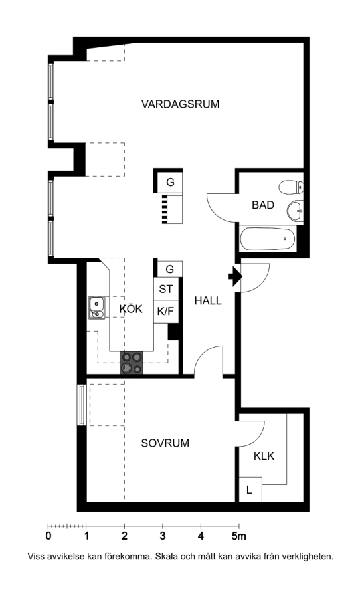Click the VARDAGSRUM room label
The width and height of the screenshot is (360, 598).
(x=181, y=104)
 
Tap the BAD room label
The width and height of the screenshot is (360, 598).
(x=263, y=205)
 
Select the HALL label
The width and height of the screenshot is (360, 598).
(x=208, y=300)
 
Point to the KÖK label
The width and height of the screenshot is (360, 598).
(x=131, y=308)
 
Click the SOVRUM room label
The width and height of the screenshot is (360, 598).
(x=165, y=443)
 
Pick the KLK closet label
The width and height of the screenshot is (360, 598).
(x=264, y=456)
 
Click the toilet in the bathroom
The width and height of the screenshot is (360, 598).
(x=291, y=187)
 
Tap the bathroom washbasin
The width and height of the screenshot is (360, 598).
(x=295, y=210)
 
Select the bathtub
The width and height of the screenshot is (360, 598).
(x=267, y=239)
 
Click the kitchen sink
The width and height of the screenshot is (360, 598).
(x=96, y=308)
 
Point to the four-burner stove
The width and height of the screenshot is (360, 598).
(x=132, y=363)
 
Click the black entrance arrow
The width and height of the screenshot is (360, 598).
(x=235, y=277)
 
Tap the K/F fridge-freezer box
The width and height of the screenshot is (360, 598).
(x=166, y=312)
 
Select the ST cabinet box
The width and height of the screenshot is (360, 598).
(x=166, y=289)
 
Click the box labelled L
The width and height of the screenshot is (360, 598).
(x=250, y=490)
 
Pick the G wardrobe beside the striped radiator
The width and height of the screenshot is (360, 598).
(x=170, y=182)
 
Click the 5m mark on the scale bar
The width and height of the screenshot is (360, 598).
(x=238, y=536)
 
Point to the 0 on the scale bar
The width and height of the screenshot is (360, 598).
(x=48, y=536)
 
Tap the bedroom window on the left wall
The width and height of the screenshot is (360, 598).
(x=81, y=405)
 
